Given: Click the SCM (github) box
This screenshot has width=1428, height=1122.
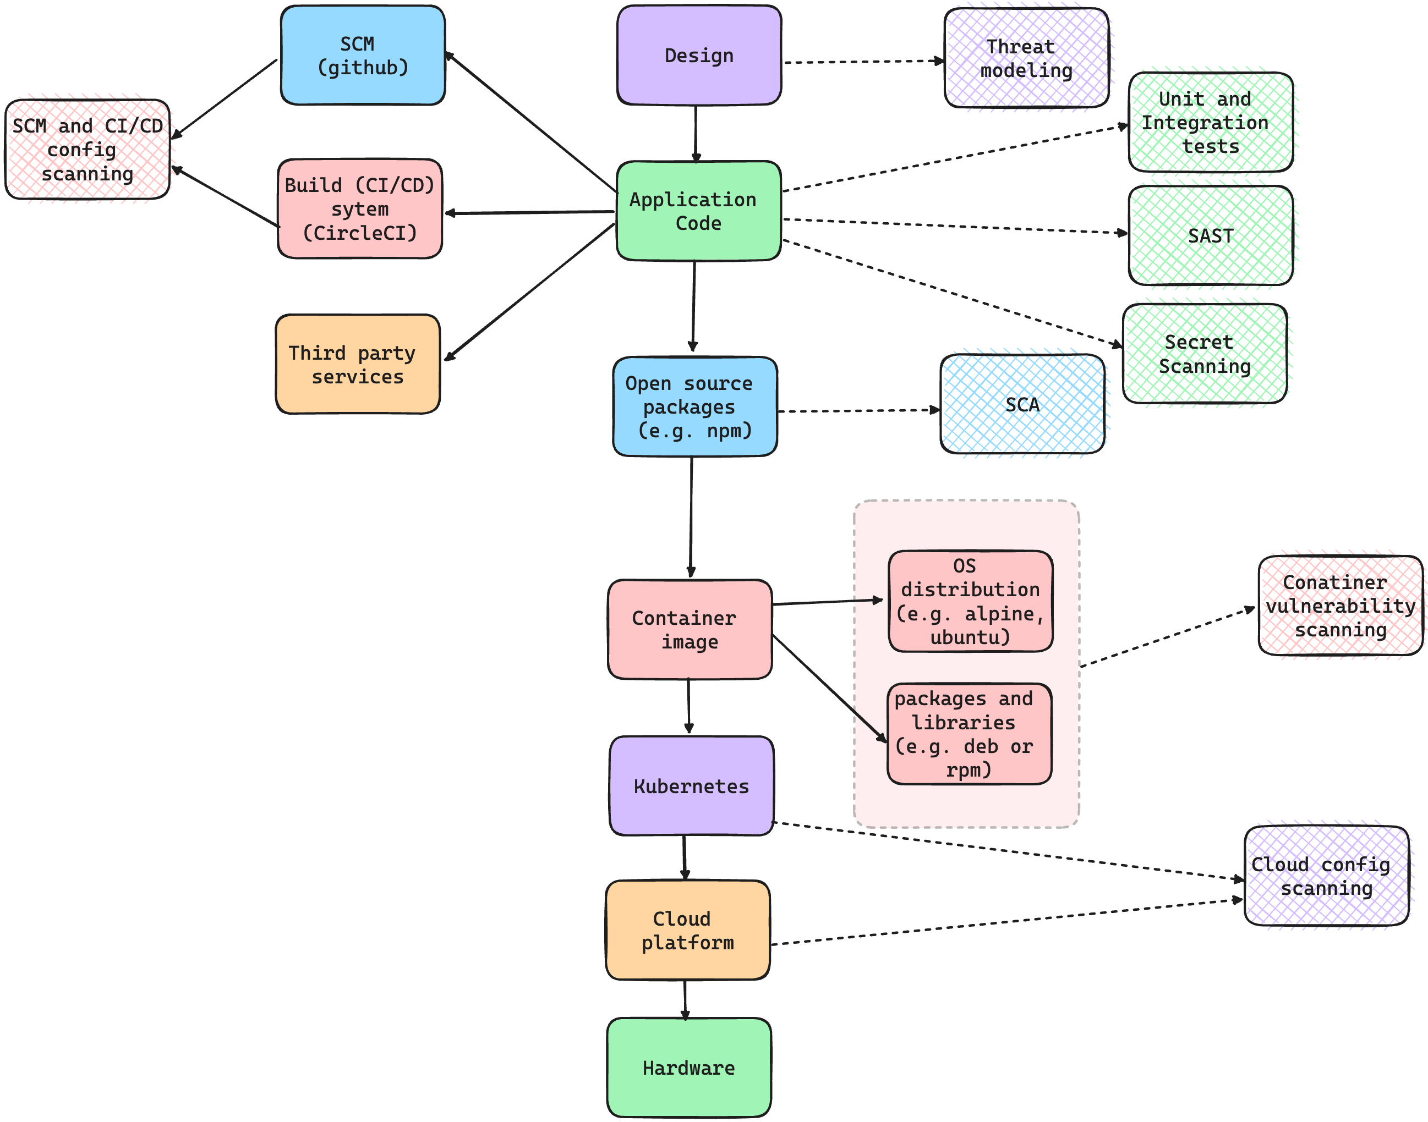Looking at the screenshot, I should pos(362,55).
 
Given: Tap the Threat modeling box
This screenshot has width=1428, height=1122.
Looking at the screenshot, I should pos(1026,58).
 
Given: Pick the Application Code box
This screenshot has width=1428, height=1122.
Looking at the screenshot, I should pos(698,211).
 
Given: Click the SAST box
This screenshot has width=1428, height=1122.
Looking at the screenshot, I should pos(1210,236).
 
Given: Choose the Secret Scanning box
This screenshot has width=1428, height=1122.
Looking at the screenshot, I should pos(1204,354).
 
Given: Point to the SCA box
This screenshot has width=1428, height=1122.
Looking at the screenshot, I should pos(1022,404).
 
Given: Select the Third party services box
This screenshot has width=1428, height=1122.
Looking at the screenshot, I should pos(358,364).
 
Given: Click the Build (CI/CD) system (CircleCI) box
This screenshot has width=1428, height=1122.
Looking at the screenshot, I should pos(359,208).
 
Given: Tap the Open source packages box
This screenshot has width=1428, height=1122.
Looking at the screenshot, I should pos(694,406).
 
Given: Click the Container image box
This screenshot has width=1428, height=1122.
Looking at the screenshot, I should pos(690,629).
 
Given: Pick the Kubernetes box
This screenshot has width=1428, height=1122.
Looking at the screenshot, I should pos(691,785).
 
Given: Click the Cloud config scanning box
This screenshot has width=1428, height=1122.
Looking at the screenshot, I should pos(1326,876).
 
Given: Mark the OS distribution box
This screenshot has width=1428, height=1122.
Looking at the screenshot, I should pos(970,601).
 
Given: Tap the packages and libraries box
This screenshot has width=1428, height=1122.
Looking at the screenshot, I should pos(969,734).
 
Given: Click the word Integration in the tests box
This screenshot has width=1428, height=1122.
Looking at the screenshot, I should pos(1204,123).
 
